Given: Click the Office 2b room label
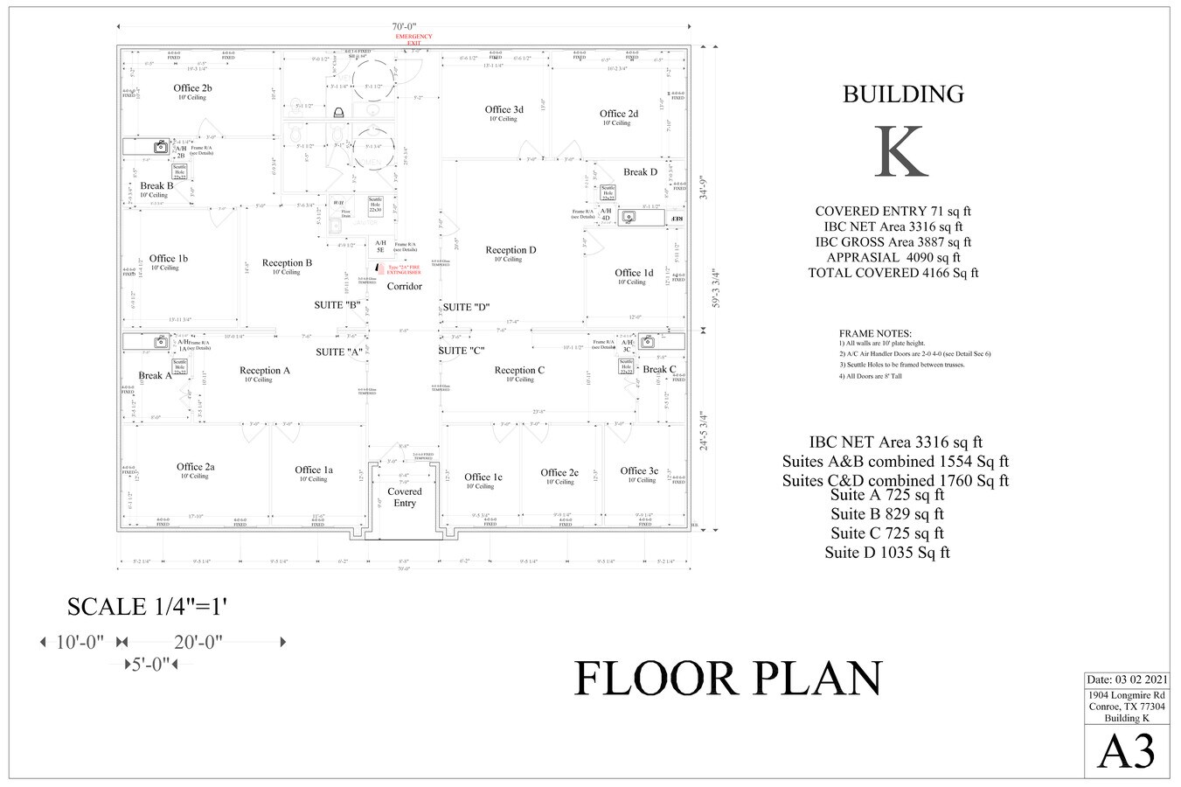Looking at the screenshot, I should pyautogui.click(x=192, y=88).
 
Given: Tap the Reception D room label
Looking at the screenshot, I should pyautogui.click(x=511, y=250).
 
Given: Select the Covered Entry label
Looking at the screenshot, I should pyautogui.click(x=404, y=497).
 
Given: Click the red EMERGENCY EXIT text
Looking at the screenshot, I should pyautogui.click(x=413, y=38).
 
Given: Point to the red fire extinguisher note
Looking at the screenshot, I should pyautogui.click(x=404, y=269).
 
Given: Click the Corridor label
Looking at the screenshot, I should pyautogui.click(x=404, y=287).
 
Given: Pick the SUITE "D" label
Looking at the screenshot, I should pyautogui.click(x=465, y=307).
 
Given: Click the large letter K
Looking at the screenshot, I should pyautogui.click(x=902, y=152).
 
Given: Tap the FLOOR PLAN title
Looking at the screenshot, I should pyautogui.click(x=727, y=679).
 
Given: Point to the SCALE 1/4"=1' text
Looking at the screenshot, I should pyautogui.click(x=148, y=607).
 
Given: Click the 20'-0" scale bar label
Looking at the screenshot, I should pyautogui.click(x=198, y=642).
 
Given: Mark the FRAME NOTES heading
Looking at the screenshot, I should pyautogui.click(x=875, y=333).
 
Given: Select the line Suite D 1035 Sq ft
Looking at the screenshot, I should pyautogui.click(x=886, y=553).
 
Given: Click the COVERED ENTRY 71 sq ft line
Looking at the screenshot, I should pyautogui.click(x=893, y=211).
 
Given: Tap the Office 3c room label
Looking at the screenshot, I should pyautogui.click(x=639, y=470).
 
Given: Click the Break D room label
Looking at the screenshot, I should pyautogui.click(x=640, y=172).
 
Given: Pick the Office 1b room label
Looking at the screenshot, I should pyautogui.click(x=169, y=259).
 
